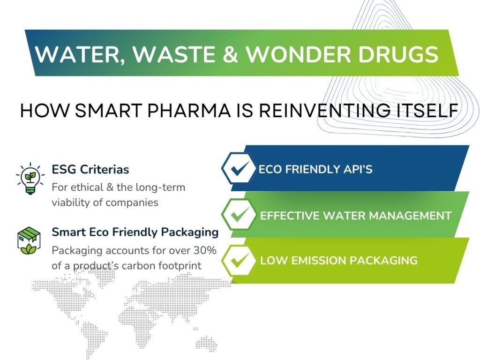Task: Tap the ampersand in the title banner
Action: [x=230, y=54]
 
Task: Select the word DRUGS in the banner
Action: [x=398, y=54]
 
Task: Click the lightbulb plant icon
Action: [x=30, y=179]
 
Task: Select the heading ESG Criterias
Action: [x=90, y=169]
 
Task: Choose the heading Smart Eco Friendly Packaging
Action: [x=135, y=232]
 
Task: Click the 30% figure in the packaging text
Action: [x=205, y=250]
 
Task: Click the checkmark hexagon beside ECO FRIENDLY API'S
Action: [x=239, y=168]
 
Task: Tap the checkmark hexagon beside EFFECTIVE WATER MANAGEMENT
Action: [x=239, y=214]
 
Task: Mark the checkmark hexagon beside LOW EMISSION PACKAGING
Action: [x=239, y=261]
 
